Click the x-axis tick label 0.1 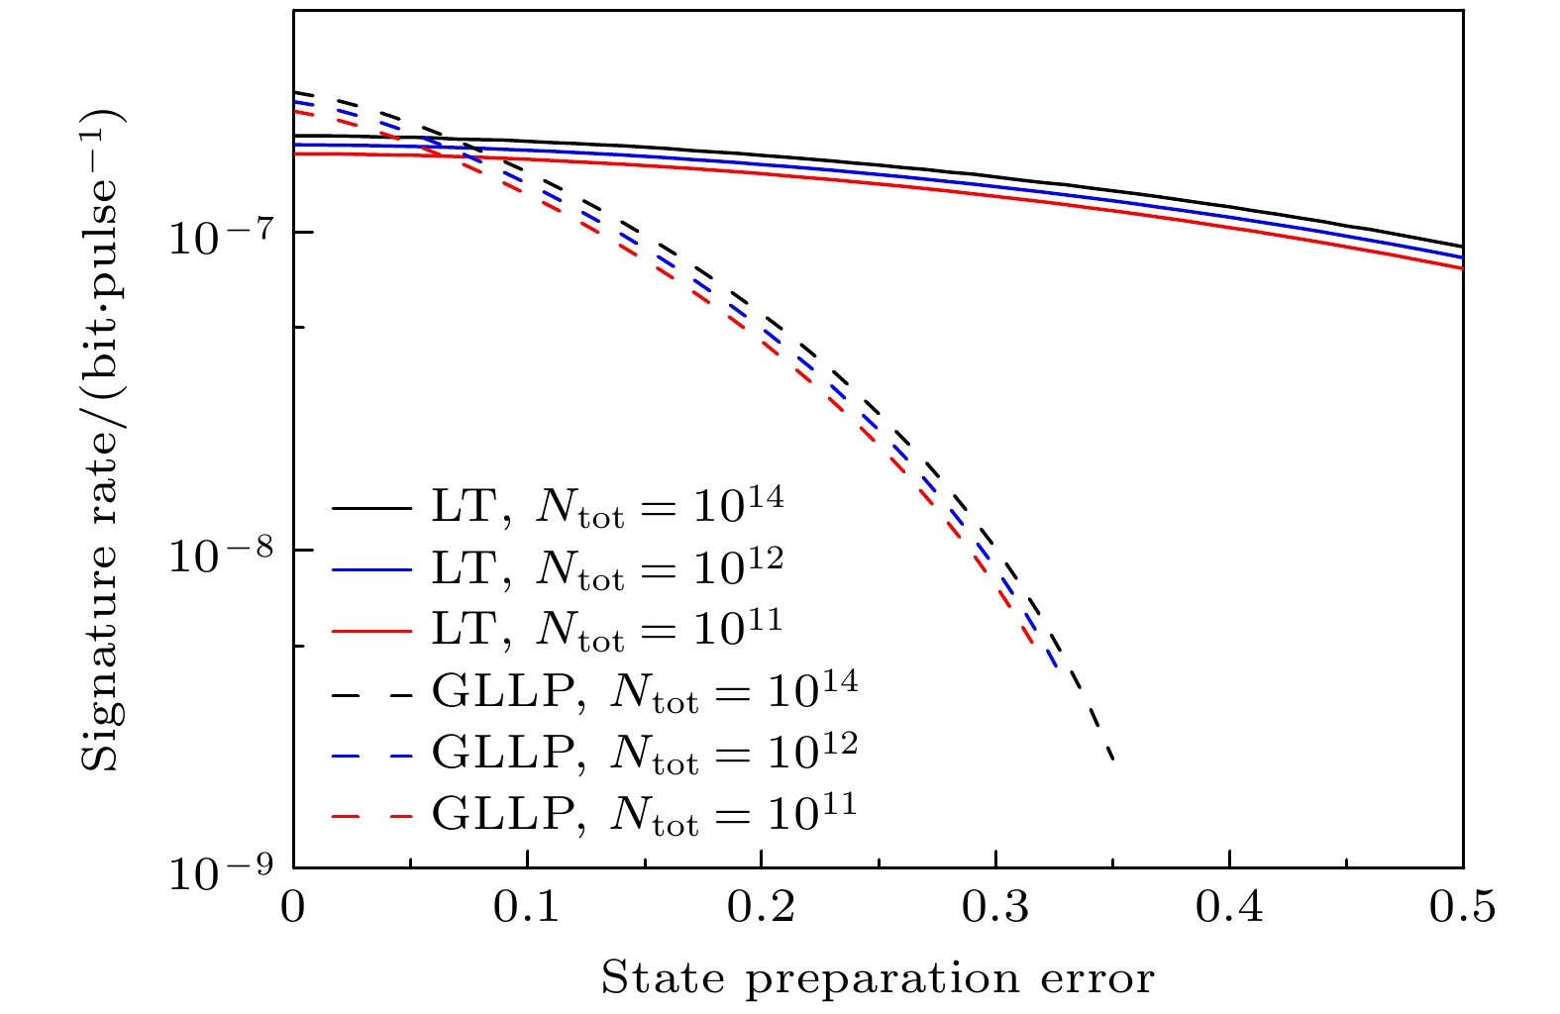pyautogui.click(x=528, y=907)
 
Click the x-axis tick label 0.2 pyautogui.click(x=762, y=907)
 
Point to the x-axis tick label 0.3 pyautogui.click(x=995, y=907)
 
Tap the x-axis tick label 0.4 pyautogui.click(x=1229, y=907)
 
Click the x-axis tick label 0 pyautogui.click(x=293, y=907)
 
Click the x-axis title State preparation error pyautogui.click(x=878, y=978)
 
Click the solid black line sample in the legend pyautogui.click(x=371, y=508)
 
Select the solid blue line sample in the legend pyautogui.click(x=371, y=569)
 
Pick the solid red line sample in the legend pyautogui.click(x=371, y=630)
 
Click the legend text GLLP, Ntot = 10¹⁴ pyautogui.click(x=645, y=690)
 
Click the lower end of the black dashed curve pyautogui.click(x=1113, y=759)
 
